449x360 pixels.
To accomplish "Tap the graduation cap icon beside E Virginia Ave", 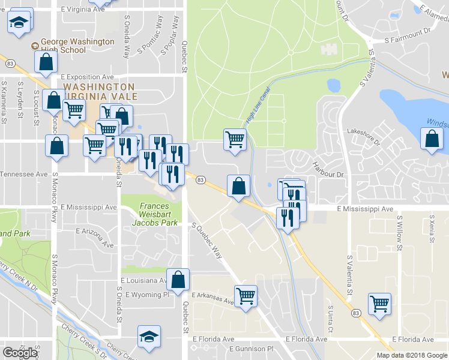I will [x=19, y=23].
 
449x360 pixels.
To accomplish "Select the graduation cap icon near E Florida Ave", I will [x=149, y=337].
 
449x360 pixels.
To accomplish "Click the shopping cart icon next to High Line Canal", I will [x=235, y=140].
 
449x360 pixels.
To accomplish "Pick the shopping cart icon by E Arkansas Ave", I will [x=246, y=296].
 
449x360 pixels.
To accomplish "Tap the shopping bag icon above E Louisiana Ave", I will [x=178, y=279].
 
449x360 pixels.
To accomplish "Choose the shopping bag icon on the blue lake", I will [x=432, y=139].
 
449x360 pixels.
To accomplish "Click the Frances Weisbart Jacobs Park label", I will [x=158, y=214].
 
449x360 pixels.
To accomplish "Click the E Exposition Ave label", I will [x=87, y=77].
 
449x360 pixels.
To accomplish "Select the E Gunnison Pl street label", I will [x=239, y=349].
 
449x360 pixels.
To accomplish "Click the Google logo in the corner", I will [x=20, y=353].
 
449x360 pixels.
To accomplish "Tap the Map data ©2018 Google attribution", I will [x=412, y=355].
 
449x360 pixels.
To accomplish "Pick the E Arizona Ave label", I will [x=94, y=237].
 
